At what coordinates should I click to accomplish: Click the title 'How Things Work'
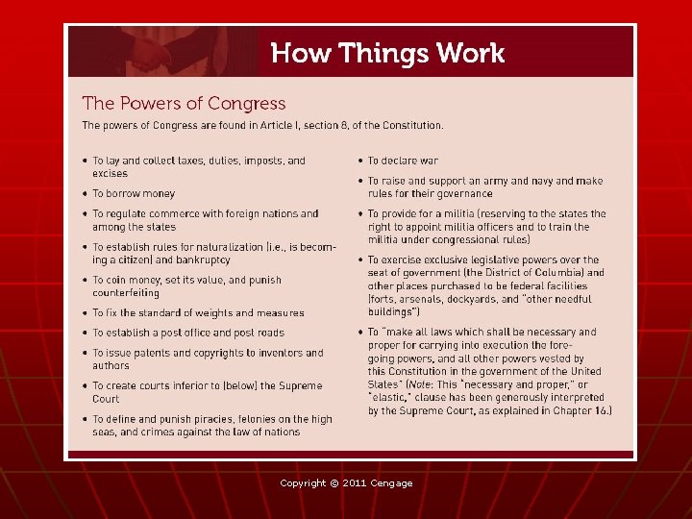(387, 53)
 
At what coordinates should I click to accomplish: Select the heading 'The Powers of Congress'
(184, 103)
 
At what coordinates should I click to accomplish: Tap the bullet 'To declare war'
(403, 161)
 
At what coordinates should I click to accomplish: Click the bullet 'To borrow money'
(134, 193)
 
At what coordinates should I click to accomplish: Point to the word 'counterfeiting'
(125, 293)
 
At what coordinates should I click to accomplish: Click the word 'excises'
(110, 174)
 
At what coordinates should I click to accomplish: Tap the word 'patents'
(157, 353)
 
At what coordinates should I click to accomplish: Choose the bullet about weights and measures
(198, 312)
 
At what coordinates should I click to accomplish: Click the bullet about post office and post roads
(188, 333)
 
